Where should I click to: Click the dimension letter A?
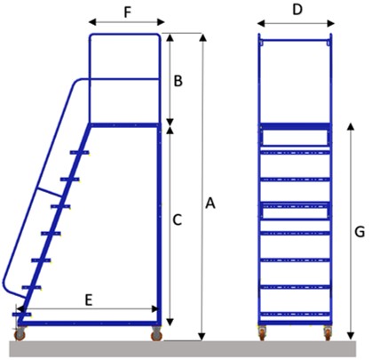210,204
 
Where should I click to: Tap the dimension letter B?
178,81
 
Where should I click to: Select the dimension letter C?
177,220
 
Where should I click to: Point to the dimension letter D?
297,10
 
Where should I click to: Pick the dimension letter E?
89,300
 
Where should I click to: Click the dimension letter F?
127,12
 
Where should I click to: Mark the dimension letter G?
360,232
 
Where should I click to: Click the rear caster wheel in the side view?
156,334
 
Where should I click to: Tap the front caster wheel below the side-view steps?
20,334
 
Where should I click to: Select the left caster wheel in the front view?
262,332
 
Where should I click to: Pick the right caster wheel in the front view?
328,332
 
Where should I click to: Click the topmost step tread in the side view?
79,153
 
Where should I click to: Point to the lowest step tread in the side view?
21,314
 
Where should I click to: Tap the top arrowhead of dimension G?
351,127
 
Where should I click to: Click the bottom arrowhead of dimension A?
202,337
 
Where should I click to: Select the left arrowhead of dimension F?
92,22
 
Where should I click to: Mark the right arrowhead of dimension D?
331,23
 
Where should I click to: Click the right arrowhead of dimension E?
155,308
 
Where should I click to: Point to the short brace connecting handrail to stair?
49,192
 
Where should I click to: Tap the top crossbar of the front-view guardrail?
295,40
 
